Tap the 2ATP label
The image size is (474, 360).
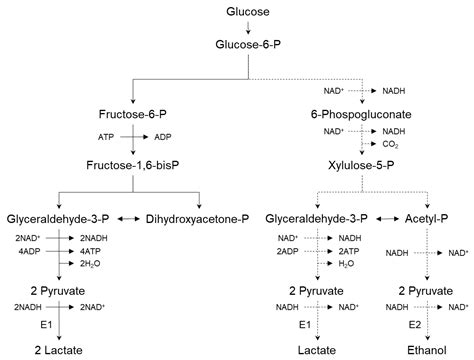(x=350, y=251)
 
